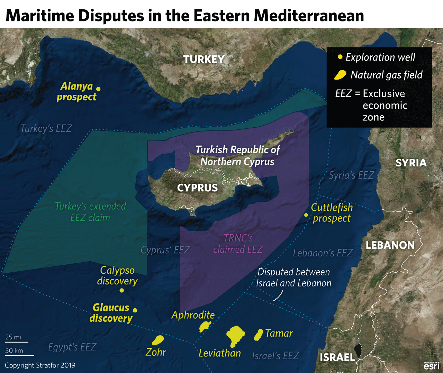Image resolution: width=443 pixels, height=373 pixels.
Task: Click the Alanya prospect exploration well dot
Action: pos(98,89)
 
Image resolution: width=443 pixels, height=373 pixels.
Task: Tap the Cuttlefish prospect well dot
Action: pos(306,215)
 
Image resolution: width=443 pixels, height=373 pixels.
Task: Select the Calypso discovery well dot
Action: pos(121,290)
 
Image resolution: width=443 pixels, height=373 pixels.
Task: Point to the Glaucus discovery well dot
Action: pos(135,310)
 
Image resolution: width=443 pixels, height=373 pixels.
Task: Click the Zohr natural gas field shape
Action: pos(158,340)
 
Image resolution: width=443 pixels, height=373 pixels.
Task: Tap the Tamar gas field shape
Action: pos(258,335)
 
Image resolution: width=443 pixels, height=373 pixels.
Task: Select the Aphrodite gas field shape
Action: pos(205,326)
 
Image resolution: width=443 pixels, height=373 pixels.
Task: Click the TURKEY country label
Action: pos(204,60)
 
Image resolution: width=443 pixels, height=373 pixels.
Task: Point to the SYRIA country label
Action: pos(411,163)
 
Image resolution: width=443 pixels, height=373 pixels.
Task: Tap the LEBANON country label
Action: pos(390,245)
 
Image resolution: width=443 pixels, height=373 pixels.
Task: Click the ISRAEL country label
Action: pos(337,357)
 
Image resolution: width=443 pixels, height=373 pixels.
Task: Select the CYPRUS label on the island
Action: pos(197,188)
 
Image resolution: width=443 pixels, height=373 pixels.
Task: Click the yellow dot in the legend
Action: pos(340,57)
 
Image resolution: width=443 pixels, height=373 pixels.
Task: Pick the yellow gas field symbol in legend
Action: pos(340,75)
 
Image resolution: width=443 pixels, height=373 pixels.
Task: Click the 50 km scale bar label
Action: pos(14,351)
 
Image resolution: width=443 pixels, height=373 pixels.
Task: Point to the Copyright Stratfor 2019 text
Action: pos(40,365)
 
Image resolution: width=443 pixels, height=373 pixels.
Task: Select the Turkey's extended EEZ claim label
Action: pos(90,212)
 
